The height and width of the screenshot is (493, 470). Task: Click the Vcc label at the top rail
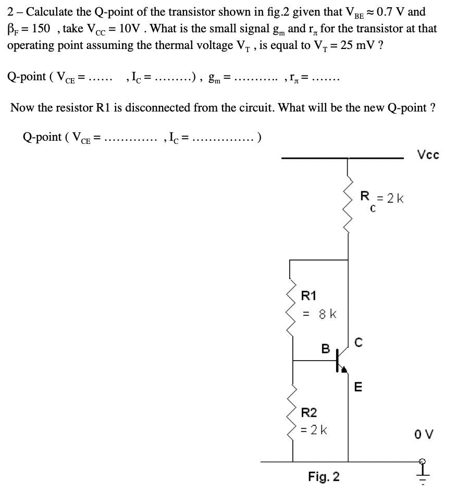pyautogui.click(x=428, y=155)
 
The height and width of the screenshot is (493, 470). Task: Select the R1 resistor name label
pyautogui.click(x=309, y=296)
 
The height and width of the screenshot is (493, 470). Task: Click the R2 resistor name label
pyautogui.click(x=309, y=413)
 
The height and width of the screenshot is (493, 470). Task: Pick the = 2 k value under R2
pyautogui.click(x=315, y=430)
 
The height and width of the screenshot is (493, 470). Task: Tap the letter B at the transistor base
pyautogui.click(x=325, y=349)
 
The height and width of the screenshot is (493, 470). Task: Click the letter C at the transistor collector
pyautogui.click(x=357, y=342)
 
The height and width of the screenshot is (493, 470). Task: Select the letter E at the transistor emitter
pyautogui.click(x=357, y=387)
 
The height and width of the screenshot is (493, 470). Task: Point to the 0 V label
pyautogui.click(x=424, y=434)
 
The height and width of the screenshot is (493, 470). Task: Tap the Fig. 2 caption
pyautogui.click(x=324, y=477)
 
